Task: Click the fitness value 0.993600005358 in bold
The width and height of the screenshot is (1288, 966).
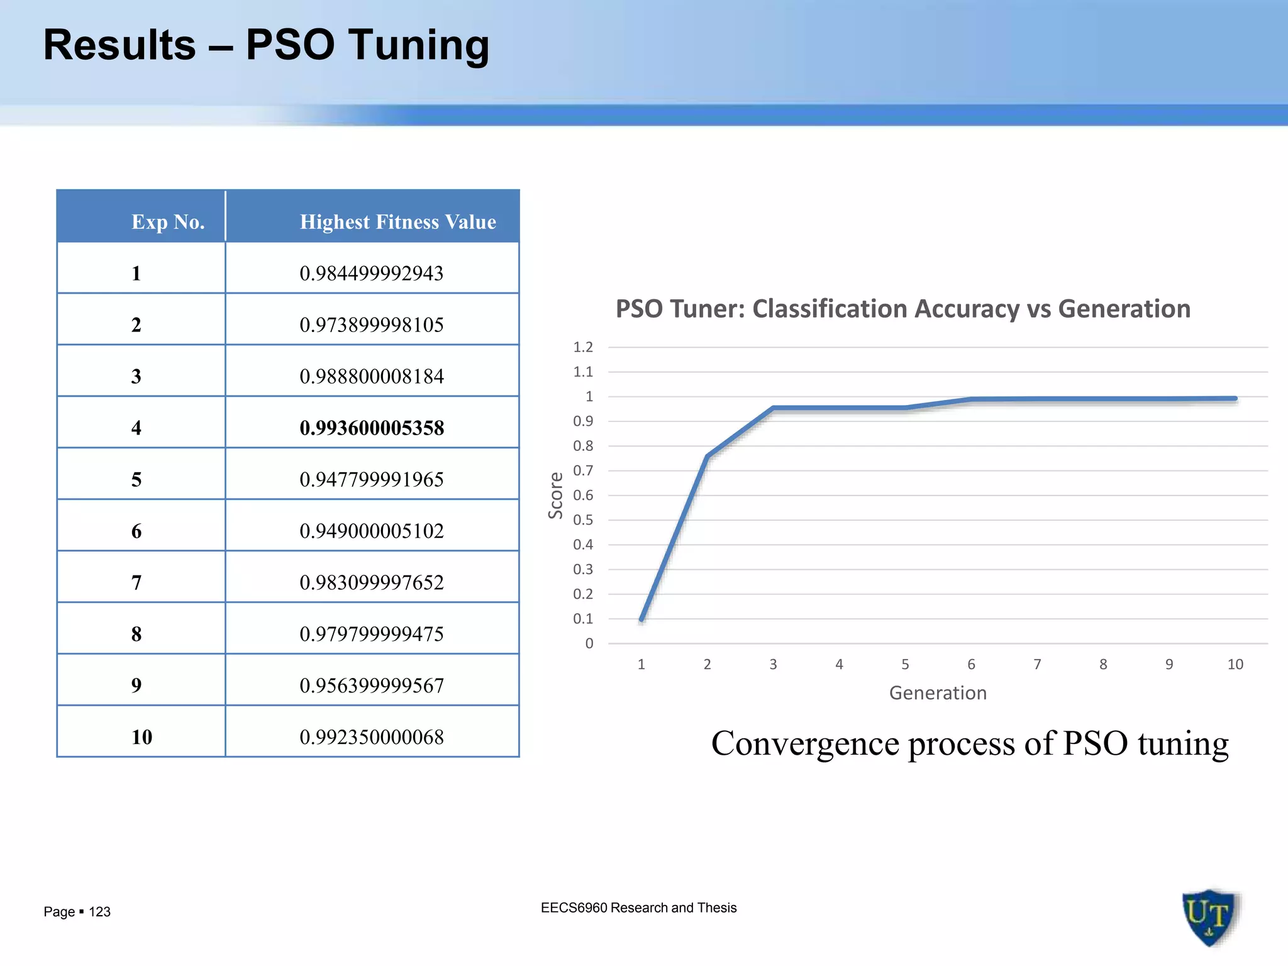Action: pyautogui.click(x=372, y=428)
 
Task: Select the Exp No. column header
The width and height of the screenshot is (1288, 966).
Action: pyautogui.click(x=168, y=222)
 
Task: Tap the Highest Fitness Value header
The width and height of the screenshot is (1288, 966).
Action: pyautogui.click(x=397, y=222)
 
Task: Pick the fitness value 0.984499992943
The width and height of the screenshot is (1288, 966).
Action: pyautogui.click(x=372, y=274)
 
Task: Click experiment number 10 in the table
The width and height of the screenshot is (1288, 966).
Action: pyautogui.click(x=142, y=737)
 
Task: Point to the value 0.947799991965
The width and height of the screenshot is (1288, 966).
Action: pyautogui.click(x=372, y=480)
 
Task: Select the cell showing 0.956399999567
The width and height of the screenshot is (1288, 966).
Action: pyautogui.click(x=372, y=686)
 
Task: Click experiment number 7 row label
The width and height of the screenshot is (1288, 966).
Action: pyautogui.click(x=136, y=583)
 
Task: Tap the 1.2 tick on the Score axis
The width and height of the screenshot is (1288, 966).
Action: pyautogui.click(x=583, y=347)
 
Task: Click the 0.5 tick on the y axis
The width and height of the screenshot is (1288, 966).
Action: pyautogui.click(x=583, y=520)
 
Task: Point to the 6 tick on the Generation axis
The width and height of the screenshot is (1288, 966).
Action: pyautogui.click(x=971, y=665)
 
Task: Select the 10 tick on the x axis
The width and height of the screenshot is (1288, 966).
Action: pyautogui.click(x=1235, y=665)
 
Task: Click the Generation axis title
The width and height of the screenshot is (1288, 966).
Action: pyautogui.click(x=938, y=693)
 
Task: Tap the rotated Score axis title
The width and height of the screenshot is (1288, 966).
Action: pyautogui.click(x=556, y=496)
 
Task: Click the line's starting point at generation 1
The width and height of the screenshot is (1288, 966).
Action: pyautogui.click(x=641, y=619)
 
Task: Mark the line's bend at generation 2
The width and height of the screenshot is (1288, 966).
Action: pyautogui.click(x=708, y=456)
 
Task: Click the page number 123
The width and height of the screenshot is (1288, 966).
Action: pyautogui.click(x=99, y=912)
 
